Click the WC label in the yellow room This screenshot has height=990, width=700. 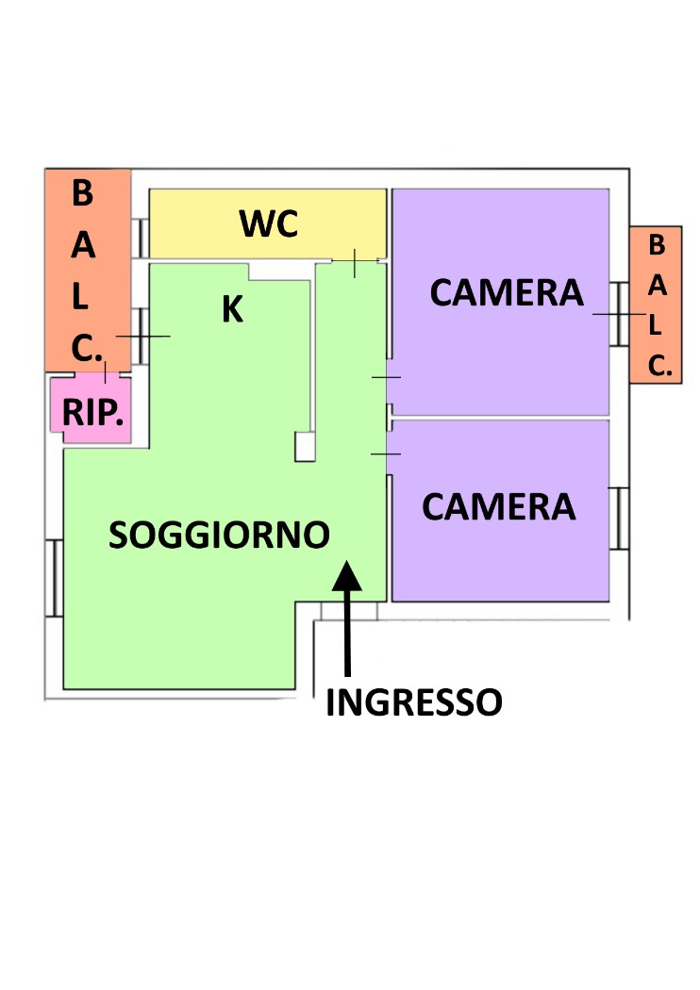(269, 223)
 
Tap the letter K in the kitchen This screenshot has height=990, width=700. (232, 308)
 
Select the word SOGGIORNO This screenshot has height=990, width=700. (219, 535)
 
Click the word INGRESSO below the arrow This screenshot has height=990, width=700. (414, 702)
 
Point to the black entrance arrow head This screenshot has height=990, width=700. (347, 575)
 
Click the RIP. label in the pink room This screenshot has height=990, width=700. (92, 413)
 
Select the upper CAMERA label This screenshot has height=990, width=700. (507, 292)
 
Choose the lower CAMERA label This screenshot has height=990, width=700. (498, 506)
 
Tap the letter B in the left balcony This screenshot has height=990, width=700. (82, 192)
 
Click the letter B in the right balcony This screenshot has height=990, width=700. (657, 245)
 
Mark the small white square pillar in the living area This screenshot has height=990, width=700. (305, 446)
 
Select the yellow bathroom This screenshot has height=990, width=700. (268, 223)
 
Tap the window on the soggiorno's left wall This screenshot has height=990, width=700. (56, 578)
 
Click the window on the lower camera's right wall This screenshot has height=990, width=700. (619, 519)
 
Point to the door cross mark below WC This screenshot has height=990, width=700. (355, 261)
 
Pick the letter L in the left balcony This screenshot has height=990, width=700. (79, 296)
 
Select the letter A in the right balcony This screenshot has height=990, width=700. (657, 286)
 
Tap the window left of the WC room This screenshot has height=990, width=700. (141, 238)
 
